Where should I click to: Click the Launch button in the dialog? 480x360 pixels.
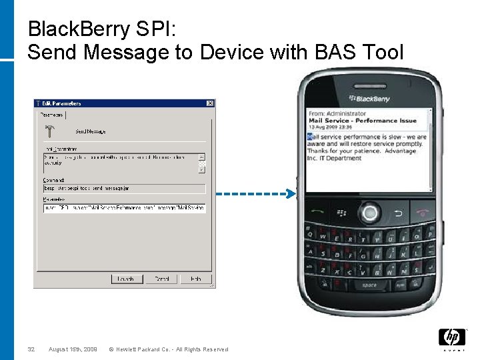(127, 279)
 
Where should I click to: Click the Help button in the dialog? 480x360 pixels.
(195, 279)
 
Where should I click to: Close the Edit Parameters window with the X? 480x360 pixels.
(210, 103)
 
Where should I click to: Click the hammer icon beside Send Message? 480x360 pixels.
(50, 131)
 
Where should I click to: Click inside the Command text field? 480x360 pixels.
(124, 189)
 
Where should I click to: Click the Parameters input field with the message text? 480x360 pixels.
(124, 208)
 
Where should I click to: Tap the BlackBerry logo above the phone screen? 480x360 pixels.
(368, 99)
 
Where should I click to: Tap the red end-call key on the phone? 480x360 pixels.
(421, 213)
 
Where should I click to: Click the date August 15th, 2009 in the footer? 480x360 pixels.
(73, 349)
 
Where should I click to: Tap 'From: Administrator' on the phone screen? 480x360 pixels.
(337, 114)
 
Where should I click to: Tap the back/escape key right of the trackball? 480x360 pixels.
(397, 213)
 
